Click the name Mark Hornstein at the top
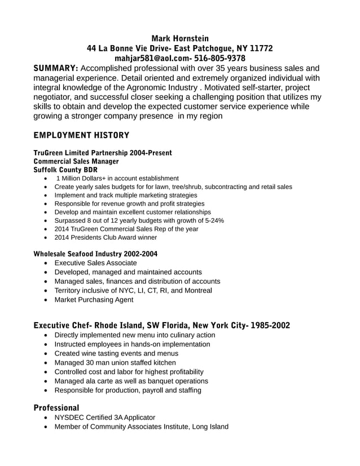(x=179, y=38)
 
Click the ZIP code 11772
(x=261, y=49)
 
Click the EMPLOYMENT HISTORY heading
(x=81, y=135)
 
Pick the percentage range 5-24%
(x=213, y=221)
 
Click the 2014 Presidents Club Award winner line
(x=106, y=238)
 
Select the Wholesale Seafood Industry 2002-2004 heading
(x=95, y=254)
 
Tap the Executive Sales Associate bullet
(x=95, y=263)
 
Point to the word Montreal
(x=194, y=291)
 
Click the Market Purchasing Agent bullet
(x=94, y=300)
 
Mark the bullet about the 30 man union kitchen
(x=115, y=363)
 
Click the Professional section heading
(x=56, y=407)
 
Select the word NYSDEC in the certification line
(x=69, y=417)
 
